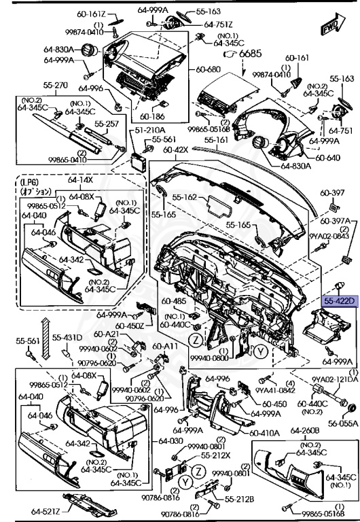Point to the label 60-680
point(209,69)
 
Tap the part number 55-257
point(107,124)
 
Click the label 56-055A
point(344,422)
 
